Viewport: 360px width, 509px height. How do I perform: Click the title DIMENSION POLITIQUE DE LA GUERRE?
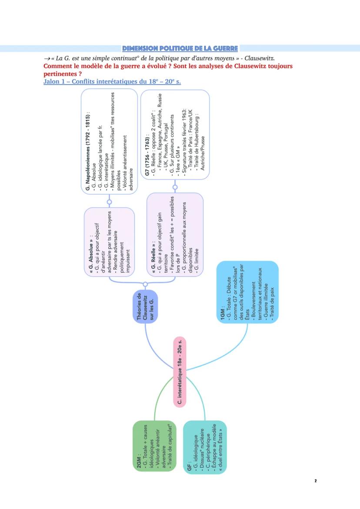pos(180,48)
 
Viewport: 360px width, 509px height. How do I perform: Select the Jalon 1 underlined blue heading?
pos(112,82)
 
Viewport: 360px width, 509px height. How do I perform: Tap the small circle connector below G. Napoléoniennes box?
pos(109,202)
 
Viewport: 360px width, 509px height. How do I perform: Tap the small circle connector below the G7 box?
pos(175,187)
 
